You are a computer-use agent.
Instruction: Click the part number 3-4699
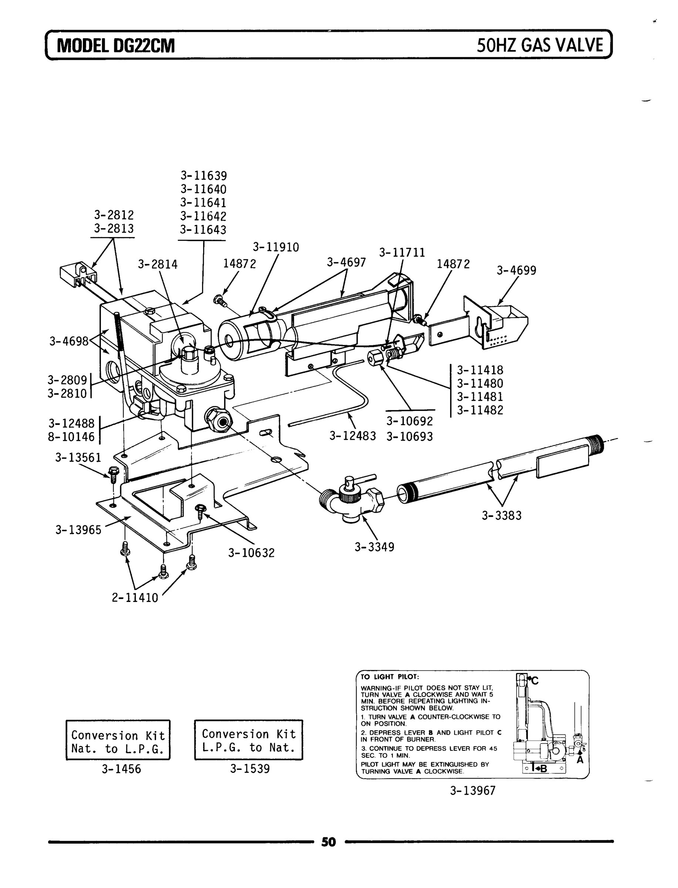coord(516,270)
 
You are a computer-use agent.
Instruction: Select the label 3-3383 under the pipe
coord(501,515)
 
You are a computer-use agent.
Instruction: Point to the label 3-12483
coord(353,436)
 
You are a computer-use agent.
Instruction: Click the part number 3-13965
coord(78,529)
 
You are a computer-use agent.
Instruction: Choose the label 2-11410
coord(135,598)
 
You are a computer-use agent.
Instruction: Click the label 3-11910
coord(276,247)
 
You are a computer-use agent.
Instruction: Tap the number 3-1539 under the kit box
coord(250,768)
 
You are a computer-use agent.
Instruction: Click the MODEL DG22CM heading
coord(116,46)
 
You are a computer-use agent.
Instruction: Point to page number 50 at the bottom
coord(328,842)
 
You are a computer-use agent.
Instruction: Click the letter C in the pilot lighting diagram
coord(535,680)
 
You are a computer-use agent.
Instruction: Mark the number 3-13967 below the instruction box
coord(472,790)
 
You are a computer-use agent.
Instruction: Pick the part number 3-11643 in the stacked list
coord(203,230)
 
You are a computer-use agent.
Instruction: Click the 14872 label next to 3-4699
coord(453,264)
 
